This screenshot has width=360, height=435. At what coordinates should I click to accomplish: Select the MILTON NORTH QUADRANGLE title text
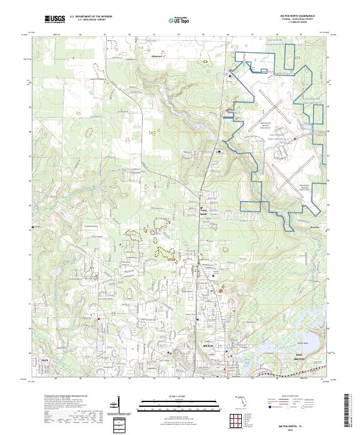pyautogui.click(x=304, y=16)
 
